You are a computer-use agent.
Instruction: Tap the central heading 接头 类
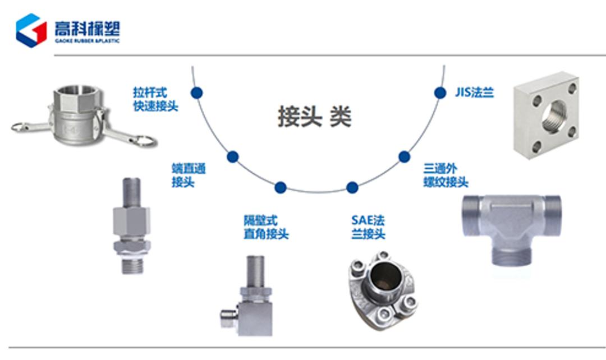(x=315, y=116)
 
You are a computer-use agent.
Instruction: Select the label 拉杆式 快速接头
(x=155, y=99)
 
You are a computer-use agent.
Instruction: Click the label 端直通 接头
(x=188, y=175)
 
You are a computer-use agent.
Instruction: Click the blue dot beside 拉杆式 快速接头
(x=196, y=93)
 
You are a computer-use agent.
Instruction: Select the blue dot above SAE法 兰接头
(x=352, y=187)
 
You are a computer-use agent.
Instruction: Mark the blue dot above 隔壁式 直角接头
(x=281, y=187)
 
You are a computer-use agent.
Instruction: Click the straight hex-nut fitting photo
(x=131, y=224)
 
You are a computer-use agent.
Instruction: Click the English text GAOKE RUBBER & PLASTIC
(x=87, y=41)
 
